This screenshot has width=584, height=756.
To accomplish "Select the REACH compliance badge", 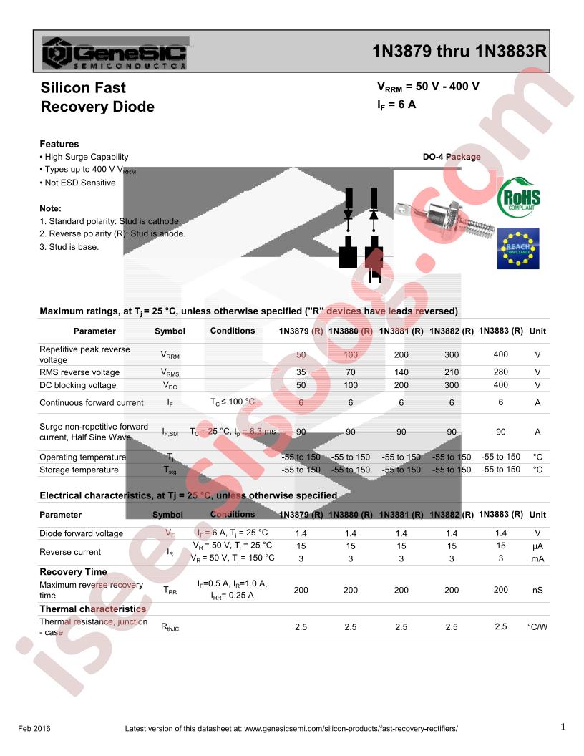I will pos(518,248).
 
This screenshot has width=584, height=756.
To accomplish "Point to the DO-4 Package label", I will pos(452,157).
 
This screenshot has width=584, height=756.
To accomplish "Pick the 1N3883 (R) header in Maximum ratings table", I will pos(500,331).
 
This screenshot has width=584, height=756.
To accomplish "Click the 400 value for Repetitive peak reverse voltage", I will pos(500,354).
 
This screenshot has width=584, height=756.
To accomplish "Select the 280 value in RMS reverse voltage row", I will pos(500,372).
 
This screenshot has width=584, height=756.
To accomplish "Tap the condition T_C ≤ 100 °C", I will pos(233,402).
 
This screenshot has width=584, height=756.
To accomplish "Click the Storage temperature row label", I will pos(79,470).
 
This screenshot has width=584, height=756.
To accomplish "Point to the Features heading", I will pos(59,144).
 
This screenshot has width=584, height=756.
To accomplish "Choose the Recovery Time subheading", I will pos(73,572).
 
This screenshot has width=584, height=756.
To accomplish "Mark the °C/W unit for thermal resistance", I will pos(537,626).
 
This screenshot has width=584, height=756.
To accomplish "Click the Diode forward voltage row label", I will pos(81,533).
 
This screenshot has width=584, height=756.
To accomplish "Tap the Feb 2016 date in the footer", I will pos(34,729).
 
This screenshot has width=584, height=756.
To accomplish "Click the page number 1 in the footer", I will pos(563,727).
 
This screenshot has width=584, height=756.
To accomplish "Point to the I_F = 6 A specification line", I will pos(396,105).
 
